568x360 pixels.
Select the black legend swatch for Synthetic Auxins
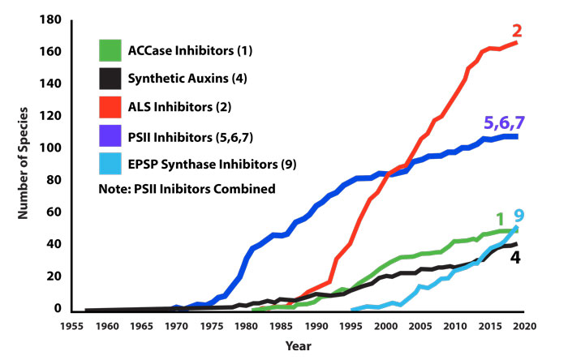click(x=110, y=80)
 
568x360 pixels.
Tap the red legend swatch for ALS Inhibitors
click(x=110, y=109)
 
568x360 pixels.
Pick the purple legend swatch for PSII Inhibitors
click(x=110, y=136)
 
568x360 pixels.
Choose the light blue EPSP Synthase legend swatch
click(x=110, y=165)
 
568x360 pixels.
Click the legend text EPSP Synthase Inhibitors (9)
click(x=212, y=165)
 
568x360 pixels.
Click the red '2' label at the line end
click(x=517, y=32)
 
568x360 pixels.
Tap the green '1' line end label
click(x=501, y=216)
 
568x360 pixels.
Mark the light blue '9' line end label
click(x=519, y=216)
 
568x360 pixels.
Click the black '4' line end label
click(x=514, y=258)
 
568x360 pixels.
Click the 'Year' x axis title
click(x=296, y=345)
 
